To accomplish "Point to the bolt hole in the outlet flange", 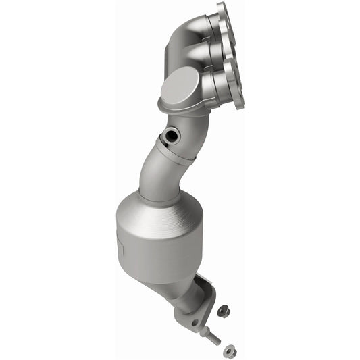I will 195,323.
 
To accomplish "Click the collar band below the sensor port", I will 177,153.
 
